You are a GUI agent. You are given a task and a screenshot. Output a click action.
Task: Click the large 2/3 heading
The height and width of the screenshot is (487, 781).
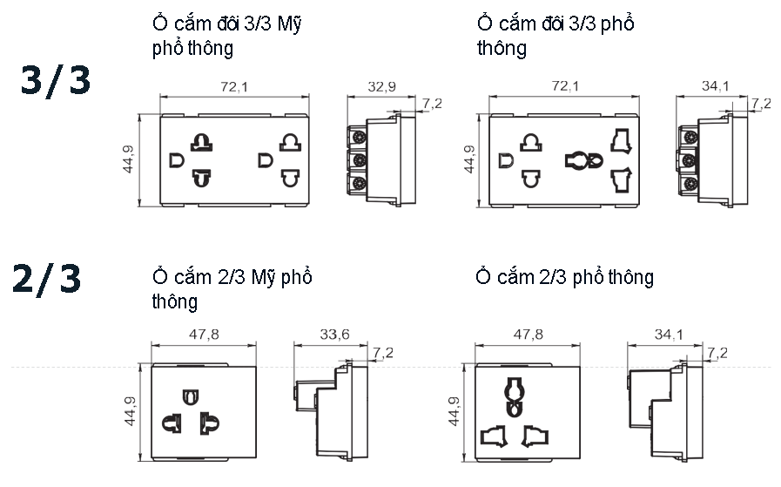coord(47,279)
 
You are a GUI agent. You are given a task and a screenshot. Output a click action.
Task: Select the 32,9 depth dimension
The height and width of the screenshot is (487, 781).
coord(381,87)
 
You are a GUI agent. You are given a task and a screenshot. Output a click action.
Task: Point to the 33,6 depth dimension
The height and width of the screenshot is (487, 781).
coord(334,335)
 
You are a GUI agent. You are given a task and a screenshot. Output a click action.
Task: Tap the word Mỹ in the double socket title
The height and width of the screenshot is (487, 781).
coord(290,24)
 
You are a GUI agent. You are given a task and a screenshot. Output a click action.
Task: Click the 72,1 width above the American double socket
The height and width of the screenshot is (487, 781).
coord(233,87)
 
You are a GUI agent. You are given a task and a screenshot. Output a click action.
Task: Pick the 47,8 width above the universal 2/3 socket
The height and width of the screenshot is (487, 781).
coord(529,335)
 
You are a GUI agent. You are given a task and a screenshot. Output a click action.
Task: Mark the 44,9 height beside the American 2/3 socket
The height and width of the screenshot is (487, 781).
coord(130,412)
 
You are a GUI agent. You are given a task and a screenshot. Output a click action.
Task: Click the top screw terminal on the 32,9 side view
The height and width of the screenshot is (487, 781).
coord(357,137)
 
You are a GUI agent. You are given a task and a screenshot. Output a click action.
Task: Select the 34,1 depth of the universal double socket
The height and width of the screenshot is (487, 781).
coord(715,85)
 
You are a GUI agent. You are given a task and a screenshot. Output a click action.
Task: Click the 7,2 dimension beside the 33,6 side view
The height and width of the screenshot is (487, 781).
coord(382,353)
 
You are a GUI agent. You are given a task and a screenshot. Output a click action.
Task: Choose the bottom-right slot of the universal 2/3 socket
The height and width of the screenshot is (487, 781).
coord(535,433)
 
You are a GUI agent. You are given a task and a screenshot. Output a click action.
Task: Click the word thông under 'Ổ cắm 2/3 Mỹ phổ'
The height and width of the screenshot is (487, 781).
coord(174,302)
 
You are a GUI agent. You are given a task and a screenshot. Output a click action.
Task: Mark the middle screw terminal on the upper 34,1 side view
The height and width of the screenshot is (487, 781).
coord(688,160)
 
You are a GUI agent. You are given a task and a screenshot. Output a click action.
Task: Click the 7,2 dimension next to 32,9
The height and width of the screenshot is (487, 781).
coord(432,104)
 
